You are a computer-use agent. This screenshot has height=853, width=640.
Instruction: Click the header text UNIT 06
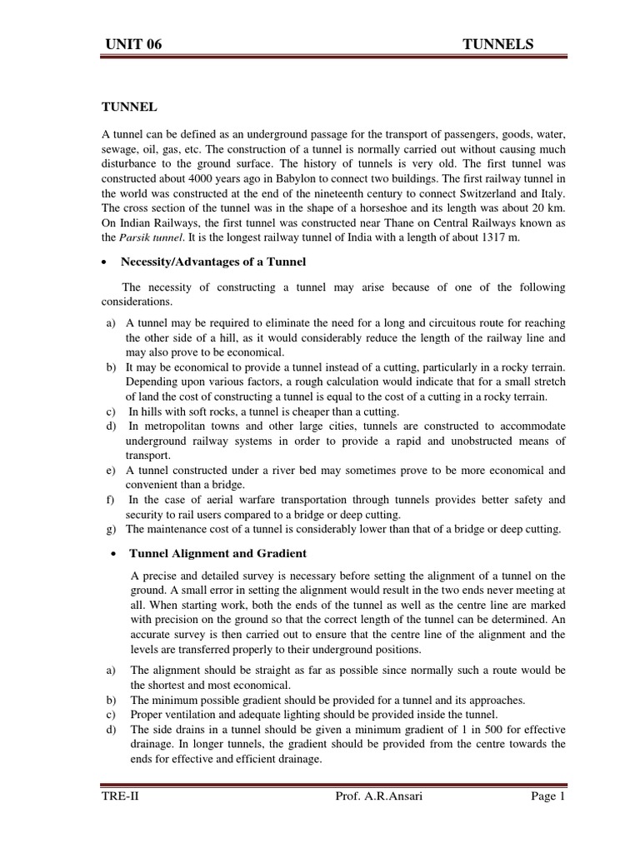tap(132, 45)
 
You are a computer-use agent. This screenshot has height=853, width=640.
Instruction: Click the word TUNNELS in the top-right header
tap(497, 45)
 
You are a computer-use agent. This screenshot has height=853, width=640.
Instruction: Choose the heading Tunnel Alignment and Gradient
tap(217, 553)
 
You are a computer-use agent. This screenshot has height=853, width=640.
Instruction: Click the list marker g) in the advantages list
tap(111, 529)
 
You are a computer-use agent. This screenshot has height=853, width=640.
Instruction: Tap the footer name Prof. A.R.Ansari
tap(368, 821)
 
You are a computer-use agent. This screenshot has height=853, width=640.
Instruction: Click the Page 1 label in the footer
tap(546, 821)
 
